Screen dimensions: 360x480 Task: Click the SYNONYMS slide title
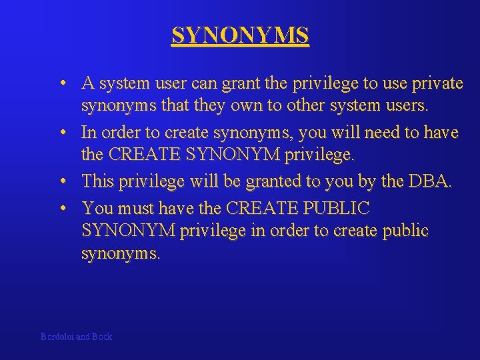240,35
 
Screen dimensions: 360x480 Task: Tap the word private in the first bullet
437,83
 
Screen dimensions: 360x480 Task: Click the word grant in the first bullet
238,84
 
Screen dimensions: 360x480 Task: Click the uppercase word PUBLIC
336,209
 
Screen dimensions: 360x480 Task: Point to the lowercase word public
401,231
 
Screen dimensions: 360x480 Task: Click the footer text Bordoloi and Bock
76,337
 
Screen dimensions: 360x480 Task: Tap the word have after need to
440,133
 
